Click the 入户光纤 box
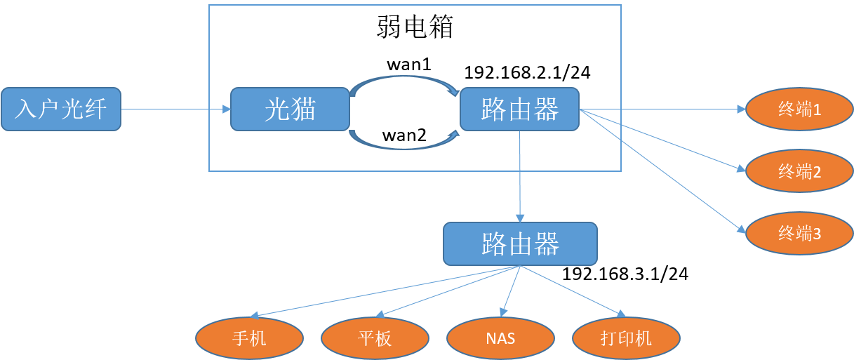[61, 109]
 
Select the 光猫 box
[290, 109]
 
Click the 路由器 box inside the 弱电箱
[519, 109]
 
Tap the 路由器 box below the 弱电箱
[520, 244]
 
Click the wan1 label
[408, 64]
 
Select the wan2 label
[404, 135]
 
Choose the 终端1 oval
[799, 109]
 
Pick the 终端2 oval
[799, 171]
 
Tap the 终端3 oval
[799, 234]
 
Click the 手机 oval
[249, 338]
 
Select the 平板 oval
[375, 338]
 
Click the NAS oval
[500, 338]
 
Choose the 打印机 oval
[626, 338]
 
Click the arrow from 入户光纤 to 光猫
[175, 109]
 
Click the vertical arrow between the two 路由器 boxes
[519, 175]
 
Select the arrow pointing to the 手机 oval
[386, 291]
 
